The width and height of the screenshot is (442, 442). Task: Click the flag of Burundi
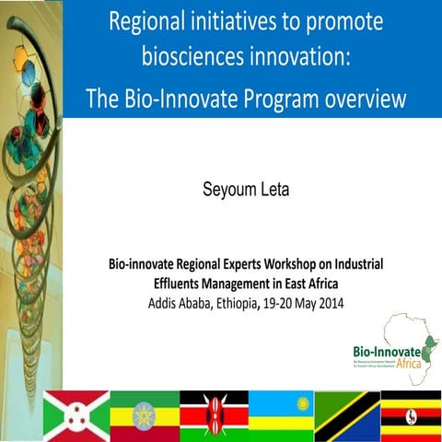pos(76,415)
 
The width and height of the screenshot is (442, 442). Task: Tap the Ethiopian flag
pos(144,415)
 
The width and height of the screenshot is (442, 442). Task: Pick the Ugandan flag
pos(411,415)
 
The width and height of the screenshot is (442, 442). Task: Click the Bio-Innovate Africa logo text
pos(386,355)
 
